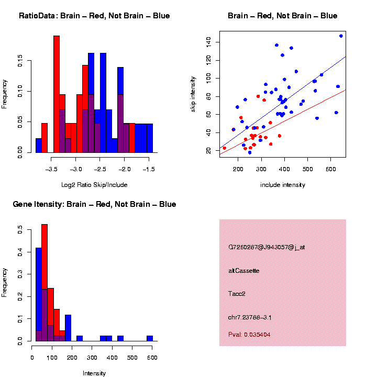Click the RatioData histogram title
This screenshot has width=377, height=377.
(94, 16)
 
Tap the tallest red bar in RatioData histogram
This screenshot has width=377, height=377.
(57, 94)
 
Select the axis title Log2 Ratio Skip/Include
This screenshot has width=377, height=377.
(94, 185)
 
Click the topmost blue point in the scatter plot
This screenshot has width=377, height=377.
(341, 36)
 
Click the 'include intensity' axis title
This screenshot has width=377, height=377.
(283, 185)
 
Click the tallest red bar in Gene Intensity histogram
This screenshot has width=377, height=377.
(45, 283)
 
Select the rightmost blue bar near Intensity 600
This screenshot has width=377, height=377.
(150, 338)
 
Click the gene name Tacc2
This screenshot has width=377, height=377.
(237, 294)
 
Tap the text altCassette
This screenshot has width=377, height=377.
(244, 271)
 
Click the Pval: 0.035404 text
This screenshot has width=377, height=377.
(249, 334)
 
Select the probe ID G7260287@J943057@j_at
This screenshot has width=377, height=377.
(267, 247)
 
